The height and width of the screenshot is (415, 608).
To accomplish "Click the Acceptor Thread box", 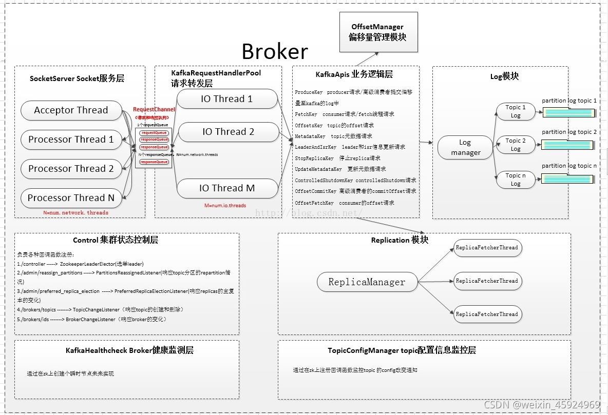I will point(71,110).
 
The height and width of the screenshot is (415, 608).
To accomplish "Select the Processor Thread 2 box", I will point(71,169).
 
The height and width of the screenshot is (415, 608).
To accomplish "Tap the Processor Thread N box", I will point(71,198).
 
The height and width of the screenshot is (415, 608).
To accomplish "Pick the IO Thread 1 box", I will point(226,100).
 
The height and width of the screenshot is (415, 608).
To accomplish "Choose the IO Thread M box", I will point(226,188).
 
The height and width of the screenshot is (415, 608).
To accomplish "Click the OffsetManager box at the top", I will point(377,32).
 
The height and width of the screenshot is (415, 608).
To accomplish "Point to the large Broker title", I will point(275,52).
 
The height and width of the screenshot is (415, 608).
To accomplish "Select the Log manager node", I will point(465,148).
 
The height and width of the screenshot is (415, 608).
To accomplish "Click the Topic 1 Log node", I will point(515,111).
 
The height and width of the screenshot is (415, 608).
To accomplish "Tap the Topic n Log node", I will point(515,180).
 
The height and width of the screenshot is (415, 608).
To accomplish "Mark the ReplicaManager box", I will point(367,282).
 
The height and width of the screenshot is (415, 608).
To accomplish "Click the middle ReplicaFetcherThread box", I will point(487,281).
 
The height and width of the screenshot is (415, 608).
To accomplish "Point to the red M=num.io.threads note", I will point(225,206).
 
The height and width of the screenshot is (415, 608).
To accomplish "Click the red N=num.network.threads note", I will point(75,212).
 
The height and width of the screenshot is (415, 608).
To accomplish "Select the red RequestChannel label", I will point(154,110).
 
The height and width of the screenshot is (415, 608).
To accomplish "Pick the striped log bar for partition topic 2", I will point(567,145).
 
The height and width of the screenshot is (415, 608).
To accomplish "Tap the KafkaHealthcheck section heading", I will point(129,351).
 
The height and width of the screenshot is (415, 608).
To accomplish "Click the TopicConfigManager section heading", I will point(402,351).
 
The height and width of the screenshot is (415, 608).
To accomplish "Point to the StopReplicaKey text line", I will point(337,158).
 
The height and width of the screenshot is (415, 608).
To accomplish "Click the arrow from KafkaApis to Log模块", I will point(426,142).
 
